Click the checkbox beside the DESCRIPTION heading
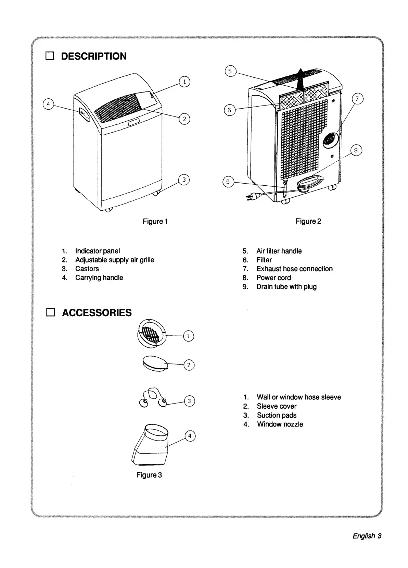pyautogui.click(x=50, y=56)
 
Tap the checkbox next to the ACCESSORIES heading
pyautogui.click(x=50, y=312)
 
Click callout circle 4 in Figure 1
pyautogui.click(x=48, y=104)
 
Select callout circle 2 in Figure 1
pyautogui.click(x=184, y=119)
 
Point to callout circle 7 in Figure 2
pyautogui.click(x=357, y=99)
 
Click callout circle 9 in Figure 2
pyautogui.click(x=228, y=182)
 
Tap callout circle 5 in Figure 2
pyautogui.click(x=230, y=71)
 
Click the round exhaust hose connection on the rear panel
pyautogui.click(x=331, y=139)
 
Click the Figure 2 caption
pyautogui.click(x=308, y=221)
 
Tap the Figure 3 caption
pyautogui.click(x=149, y=475)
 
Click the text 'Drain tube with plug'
pyautogui.click(x=286, y=287)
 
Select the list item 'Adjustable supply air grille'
pyautogui.click(x=115, y=260)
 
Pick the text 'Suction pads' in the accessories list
pyautogui.click(x=277, y=415)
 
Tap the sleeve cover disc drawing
pyautogui.click(x=154, y=363)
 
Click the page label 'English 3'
pyautogui.click(x=367, y=536)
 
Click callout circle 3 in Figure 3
pyautogui.click(x=189, y=401)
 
